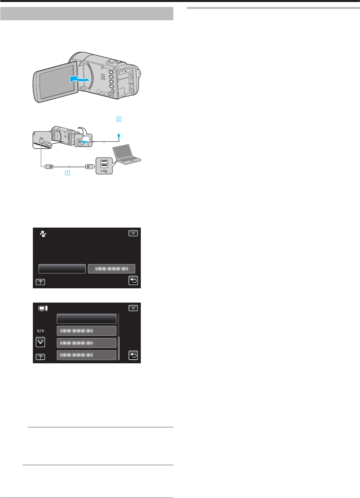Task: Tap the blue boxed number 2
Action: (x=119, y=119)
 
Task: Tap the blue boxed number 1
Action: (x=67, y=173)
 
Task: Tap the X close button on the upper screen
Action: (x=133, y=233)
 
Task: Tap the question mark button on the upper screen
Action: (x=40, y=282)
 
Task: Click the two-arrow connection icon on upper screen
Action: (x=43, y=234)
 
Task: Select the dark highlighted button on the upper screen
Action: (x=62, y=269)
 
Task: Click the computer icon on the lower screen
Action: (x=43, y=309)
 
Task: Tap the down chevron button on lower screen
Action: (x=40, y=342)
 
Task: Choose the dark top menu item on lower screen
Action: (x=87, y=319)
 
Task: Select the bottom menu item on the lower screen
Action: (x=87, y=355)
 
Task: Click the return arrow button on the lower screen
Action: (x=133, y=355)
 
